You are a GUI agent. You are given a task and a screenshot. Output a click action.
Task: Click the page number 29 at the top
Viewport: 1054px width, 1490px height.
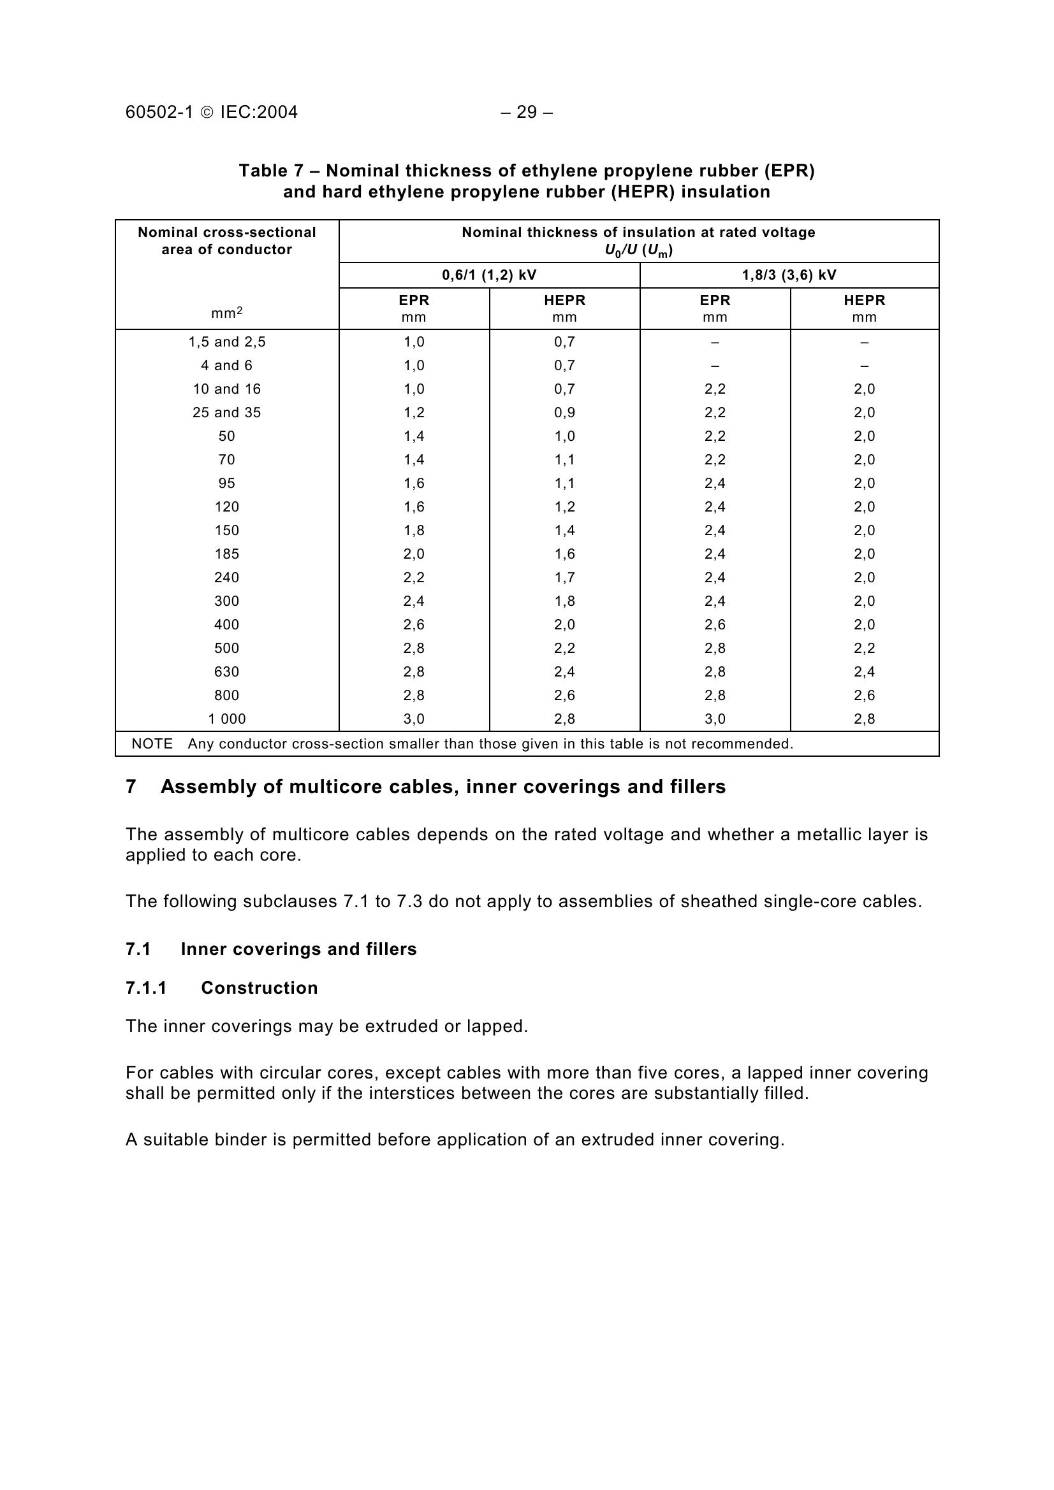point(527,112)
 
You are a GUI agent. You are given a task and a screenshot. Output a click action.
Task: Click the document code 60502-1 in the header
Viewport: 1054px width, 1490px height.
point(159,112)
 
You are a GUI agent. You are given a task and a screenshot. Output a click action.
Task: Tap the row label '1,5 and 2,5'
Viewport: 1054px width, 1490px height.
point(226,342)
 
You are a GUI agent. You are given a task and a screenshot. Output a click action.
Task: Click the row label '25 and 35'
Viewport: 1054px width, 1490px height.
point(226,413)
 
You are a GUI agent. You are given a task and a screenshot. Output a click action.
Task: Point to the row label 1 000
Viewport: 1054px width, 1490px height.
point(226,719)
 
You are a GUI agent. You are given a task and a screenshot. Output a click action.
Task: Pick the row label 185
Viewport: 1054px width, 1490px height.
point(226,554)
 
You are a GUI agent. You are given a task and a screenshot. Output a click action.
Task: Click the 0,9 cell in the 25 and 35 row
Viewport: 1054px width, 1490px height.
point(564,413)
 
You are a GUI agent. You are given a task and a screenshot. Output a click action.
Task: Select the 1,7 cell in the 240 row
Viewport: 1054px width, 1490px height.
point(564,578)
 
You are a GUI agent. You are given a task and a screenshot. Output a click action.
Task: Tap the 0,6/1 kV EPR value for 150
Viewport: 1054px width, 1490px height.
point(414,531)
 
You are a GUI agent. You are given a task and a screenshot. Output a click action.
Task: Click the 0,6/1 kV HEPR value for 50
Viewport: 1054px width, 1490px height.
point(564,436)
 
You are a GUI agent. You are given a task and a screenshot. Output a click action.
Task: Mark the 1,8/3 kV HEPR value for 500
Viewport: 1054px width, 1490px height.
point(865,648)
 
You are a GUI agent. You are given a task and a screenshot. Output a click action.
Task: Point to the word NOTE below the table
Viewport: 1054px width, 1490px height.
point(152,743)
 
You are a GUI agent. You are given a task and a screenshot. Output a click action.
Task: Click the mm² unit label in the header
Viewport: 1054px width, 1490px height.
point(226,313)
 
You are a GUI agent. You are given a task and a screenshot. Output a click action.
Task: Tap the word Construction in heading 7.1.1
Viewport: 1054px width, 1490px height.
point(259,988)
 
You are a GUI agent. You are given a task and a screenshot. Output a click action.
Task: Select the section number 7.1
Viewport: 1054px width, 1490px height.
point(138,949)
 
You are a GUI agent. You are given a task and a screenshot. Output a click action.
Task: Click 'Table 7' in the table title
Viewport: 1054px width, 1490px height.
point(271,171)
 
